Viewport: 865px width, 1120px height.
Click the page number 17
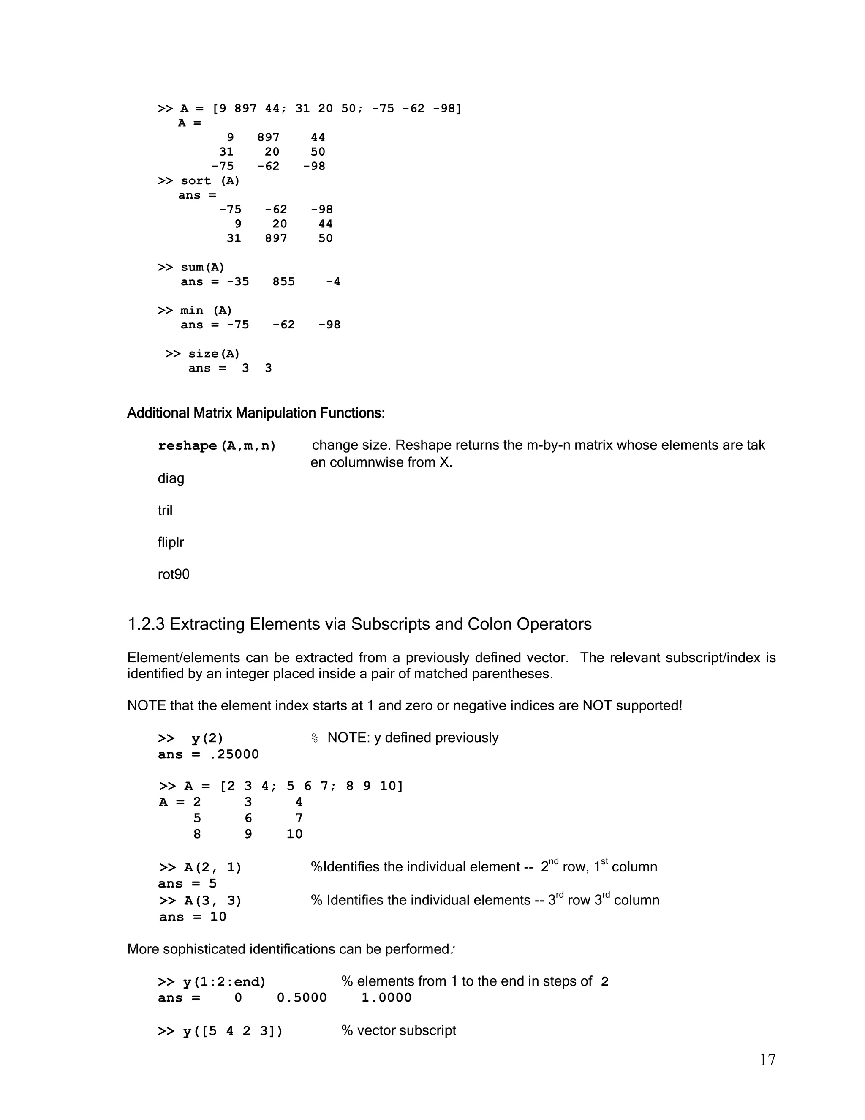[x=767, y=1060]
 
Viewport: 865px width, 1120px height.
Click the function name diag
[x=171, y=478]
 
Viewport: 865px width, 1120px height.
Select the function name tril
[x=165, y=510]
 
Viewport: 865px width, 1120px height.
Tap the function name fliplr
[x=171, y=542]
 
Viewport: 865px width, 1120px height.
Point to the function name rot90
[x=173, y=574]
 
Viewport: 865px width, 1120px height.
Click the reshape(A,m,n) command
[x=217, y=445]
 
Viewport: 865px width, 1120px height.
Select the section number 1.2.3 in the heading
[x=146, y=624]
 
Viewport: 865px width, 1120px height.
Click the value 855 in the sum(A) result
[x=283, y=281]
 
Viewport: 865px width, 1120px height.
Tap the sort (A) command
[x=209, y=180]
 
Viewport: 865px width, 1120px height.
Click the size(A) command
[x=214, y=354]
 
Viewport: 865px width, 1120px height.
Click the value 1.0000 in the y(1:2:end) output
[x=386, y=997]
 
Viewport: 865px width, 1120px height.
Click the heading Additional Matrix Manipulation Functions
[x=256, y=413]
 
